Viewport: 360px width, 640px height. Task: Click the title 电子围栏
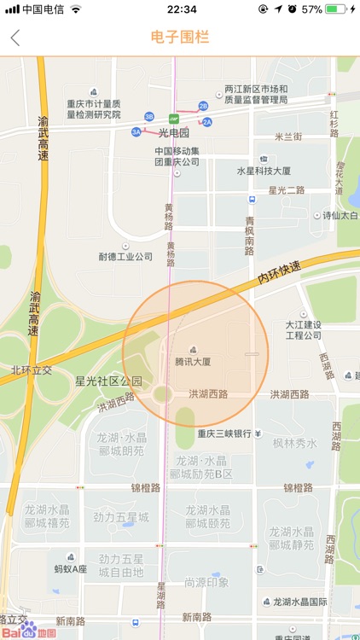(x=180, y=38)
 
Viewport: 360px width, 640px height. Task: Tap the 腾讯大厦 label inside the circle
(x=205, y=362)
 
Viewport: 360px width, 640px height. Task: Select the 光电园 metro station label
(x=174, y=132)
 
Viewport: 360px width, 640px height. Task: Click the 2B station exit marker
(x=203, y=106)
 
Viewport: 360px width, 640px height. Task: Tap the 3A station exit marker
(x=136, y=132)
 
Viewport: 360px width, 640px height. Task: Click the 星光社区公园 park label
(x=108, y=381)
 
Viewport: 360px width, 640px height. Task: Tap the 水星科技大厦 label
(x=264, y=171)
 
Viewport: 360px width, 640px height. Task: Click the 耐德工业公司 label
(x=125, y=256)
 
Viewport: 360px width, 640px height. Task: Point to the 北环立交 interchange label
(x=32, y=370)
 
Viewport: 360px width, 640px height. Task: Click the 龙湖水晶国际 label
(x=300, y=602)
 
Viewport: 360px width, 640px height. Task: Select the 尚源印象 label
(x=206, y=582)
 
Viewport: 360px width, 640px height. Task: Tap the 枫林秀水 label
(x=294, y=444)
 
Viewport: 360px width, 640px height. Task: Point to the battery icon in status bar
(x=338, y=9)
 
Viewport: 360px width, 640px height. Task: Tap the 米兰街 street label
(x=288, y=137)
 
